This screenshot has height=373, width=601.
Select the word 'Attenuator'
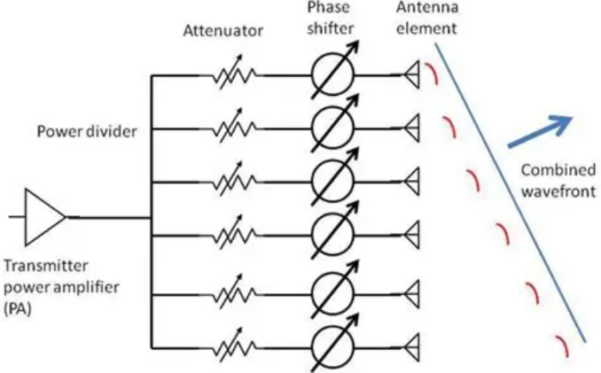tap(222, 31)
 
